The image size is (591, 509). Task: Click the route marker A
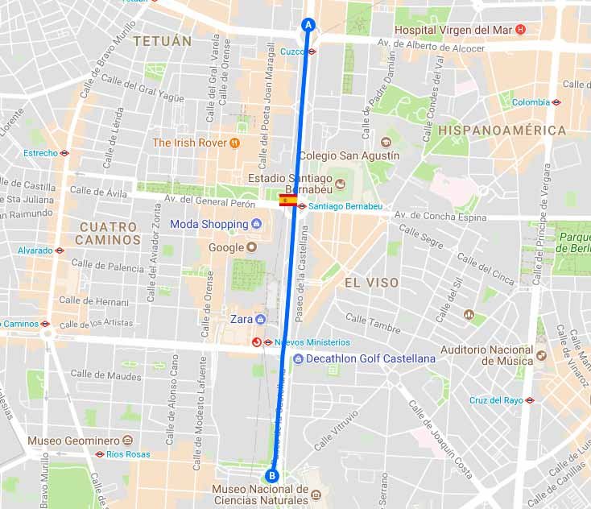click(307, 24)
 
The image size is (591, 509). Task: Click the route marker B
click(272, 475)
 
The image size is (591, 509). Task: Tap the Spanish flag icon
click(287, 201)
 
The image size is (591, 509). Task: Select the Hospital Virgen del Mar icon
click(520, 30)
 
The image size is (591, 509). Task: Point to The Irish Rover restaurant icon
click(234, 143)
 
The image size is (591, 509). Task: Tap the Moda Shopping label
click(209, 224)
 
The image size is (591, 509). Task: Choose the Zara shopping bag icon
click(260, 319)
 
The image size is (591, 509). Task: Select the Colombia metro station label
click(531, 102)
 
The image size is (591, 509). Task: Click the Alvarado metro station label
click(36, 250)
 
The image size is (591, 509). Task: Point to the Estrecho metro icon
click(64, 152)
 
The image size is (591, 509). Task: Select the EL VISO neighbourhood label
click(372, 283)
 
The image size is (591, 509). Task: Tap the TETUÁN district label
click(163, 40)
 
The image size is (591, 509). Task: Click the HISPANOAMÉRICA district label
click(502, 130)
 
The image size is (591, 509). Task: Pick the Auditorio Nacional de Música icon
click(541, 355)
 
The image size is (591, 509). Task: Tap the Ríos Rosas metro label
click(127, 454)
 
